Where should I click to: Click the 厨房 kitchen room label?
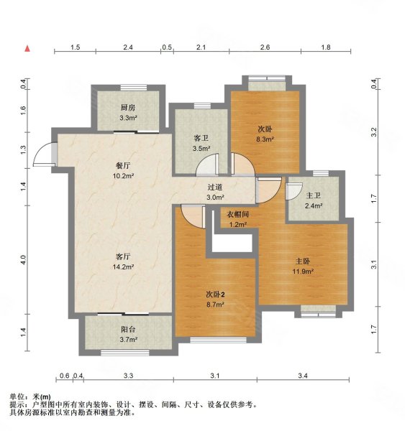click(127, 108)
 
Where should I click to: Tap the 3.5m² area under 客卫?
click(201, 149)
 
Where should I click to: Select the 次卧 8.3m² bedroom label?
click(264, 129)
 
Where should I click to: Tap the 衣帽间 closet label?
click(238, 214)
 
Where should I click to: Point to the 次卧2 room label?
click(215, 295)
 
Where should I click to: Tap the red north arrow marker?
click(28, 49)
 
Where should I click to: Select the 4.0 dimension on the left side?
click(23, 259)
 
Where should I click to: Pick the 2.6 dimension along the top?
click(265, 48)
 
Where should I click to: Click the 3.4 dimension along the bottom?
click(302, 376)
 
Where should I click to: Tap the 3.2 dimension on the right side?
click(373, 132)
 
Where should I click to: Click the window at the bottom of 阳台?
click(127, 352)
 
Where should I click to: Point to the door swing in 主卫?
click(293, 191)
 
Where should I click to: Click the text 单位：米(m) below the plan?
click(30, 397)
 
